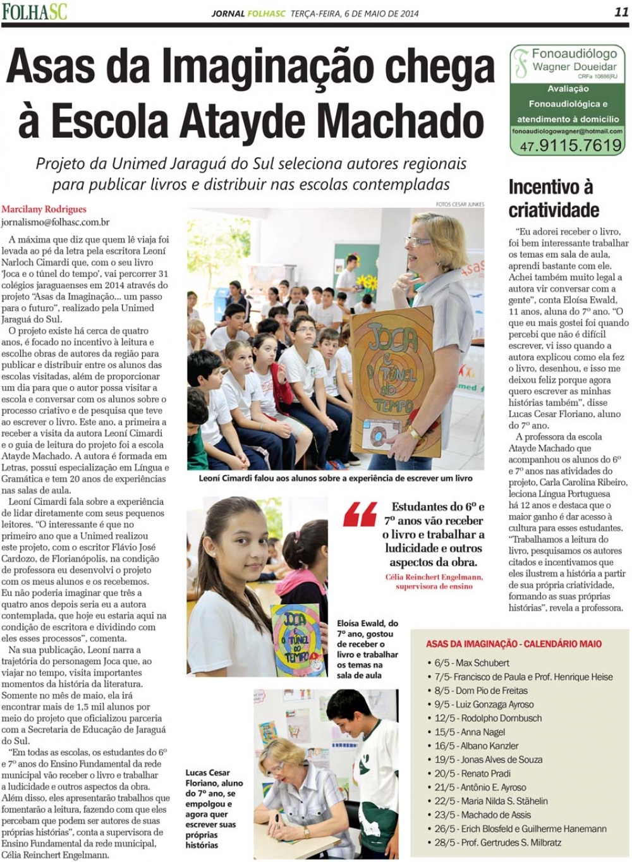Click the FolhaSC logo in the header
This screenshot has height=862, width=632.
click(34, 12)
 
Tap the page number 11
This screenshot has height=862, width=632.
click(621, 12)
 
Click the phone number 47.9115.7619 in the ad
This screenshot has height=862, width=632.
click(571, 146)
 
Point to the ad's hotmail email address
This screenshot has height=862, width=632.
click(568, 131)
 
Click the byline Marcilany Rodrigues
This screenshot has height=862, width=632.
click(44, 209)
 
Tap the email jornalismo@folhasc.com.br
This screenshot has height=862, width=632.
click(56, 222)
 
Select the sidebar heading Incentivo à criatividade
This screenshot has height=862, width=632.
click(554, 198)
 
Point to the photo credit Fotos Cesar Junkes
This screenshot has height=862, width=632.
click(459, 204)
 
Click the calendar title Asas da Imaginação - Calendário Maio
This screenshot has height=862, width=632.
click(514, 644)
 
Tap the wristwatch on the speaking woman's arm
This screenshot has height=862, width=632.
click(414, 433)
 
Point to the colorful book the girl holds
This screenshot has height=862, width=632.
click(298, 639)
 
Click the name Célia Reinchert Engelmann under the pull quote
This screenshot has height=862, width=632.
click(434, 577)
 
